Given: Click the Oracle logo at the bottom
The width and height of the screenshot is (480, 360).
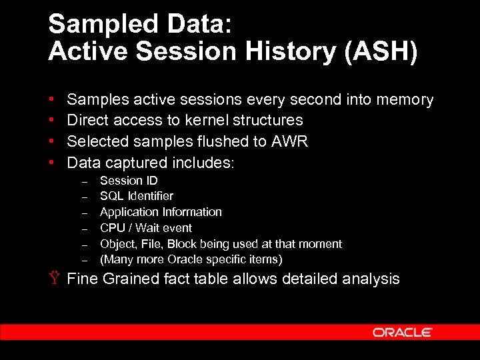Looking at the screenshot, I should click(402, 332).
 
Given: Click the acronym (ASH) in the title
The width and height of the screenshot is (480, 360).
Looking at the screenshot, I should click(380, 51).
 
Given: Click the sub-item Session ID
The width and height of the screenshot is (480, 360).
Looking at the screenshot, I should click(129, 181).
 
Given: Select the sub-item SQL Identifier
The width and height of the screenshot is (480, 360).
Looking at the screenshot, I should click(136, 196).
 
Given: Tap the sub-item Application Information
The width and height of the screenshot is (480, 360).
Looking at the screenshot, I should click(161, 212).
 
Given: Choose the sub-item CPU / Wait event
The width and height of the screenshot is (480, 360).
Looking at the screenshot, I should click(145, 227).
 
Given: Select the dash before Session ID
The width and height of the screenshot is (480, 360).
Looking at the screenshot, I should click(85, 182).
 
